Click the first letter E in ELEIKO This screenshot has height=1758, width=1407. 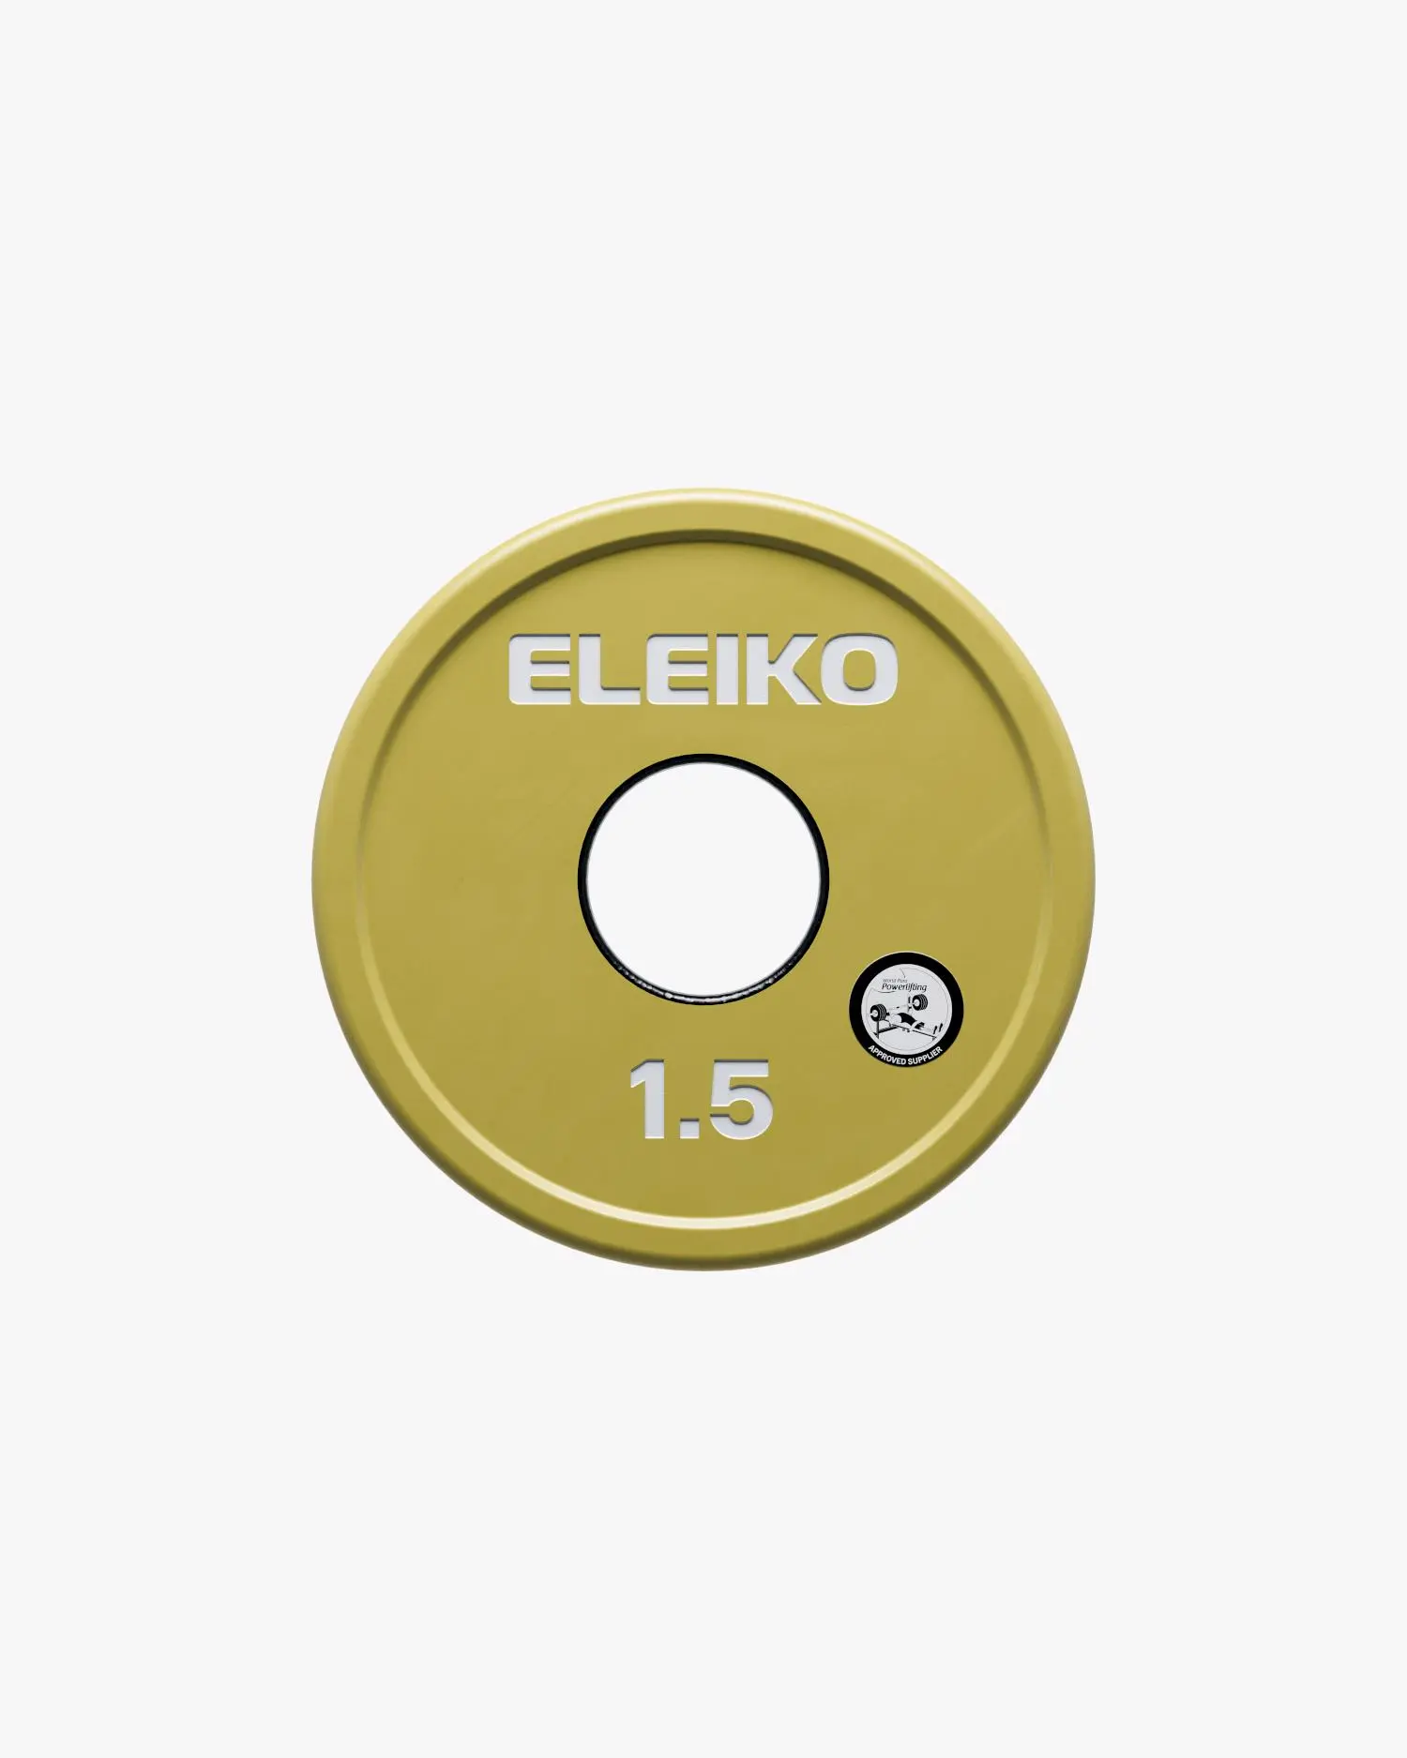[537, 671]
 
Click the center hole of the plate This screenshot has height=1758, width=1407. [703, 878]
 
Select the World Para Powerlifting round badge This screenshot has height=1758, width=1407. [905, 1010]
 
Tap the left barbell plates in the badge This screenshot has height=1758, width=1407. [879, 1012]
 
